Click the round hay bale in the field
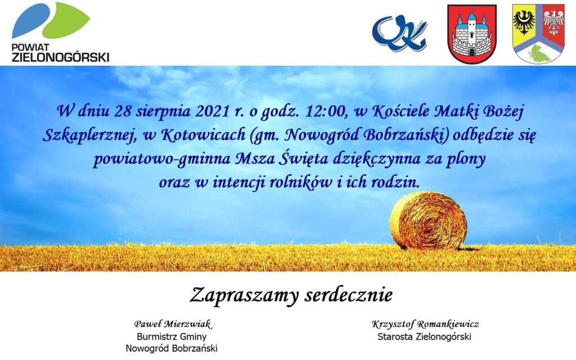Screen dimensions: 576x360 (x=428, y=220)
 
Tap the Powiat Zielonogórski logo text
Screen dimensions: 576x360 (x=61, y=53)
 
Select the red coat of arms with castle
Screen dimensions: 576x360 (x=472, y=34)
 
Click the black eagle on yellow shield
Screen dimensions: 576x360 (x=524, y=22)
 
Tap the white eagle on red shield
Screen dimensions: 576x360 (x=554, y=22)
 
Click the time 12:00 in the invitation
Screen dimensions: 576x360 (x=326, y=111)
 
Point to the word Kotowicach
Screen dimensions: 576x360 (x=204, y=135)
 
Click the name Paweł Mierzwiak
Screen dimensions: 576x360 (x=172, y=324)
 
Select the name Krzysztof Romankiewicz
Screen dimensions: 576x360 (x=425, y=324)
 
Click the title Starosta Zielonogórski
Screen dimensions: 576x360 (x=424, y=336)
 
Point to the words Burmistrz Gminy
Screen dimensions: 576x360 (x=172, y=336)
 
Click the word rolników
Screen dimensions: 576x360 (x=300, y=182)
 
